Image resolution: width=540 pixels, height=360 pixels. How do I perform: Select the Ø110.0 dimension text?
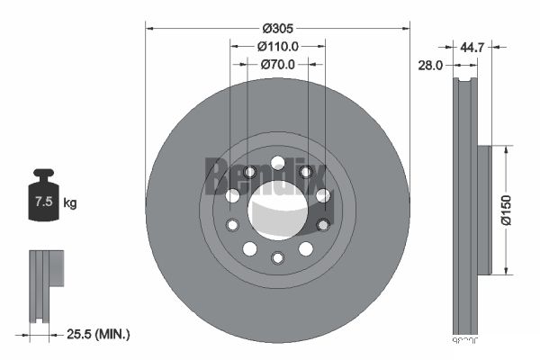pos(277,45)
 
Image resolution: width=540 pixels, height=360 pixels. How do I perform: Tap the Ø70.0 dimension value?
pos(277,64)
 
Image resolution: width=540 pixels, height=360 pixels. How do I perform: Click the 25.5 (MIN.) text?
pos(98,334)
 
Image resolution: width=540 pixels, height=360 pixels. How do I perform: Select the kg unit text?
pos(70,202)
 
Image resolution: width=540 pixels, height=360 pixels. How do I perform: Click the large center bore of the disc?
pos(277,208)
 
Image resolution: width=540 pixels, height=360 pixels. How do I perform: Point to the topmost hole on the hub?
pos(277,162)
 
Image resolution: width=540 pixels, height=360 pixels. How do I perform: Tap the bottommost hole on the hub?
pos(277,258)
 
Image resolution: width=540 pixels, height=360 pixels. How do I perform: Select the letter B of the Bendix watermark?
pos(217,175)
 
